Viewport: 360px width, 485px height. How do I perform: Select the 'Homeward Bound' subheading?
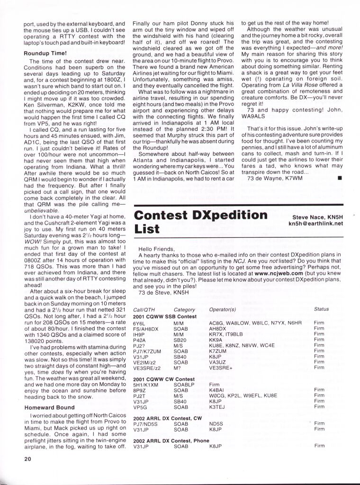(49, 407)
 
